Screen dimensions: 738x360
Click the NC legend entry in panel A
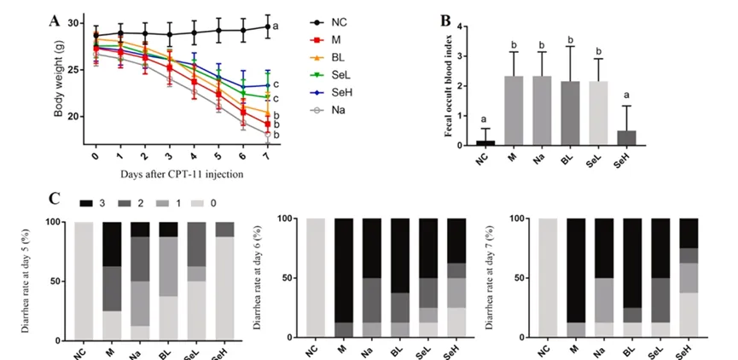(329, 22)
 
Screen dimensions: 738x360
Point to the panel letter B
(445, 20)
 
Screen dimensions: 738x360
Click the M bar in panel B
(514, 111)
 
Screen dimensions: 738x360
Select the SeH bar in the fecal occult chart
(626, 138)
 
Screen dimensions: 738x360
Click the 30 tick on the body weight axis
(73, 24)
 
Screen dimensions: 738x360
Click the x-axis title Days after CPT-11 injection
(182, 174)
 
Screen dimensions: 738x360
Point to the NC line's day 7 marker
(267, 26)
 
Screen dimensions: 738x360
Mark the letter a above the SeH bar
(626, 95)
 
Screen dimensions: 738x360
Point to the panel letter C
(55, 198)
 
